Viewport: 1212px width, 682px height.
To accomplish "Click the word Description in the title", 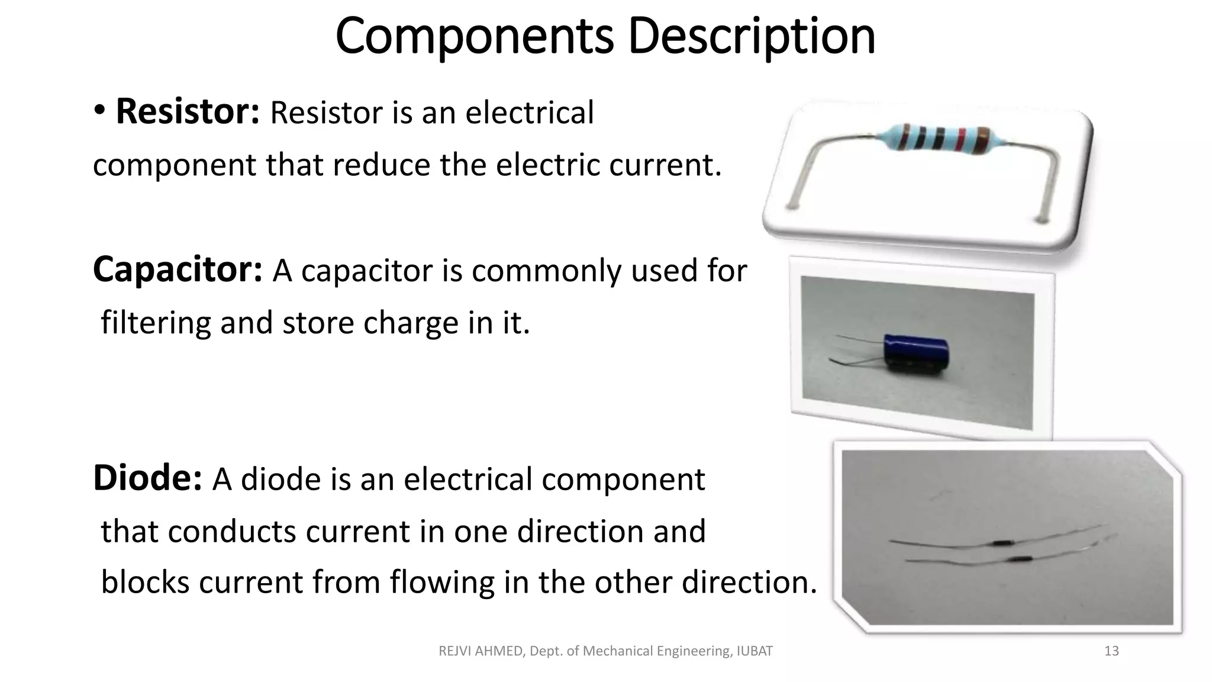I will point(751,37).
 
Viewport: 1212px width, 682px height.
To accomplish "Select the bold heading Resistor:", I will point(188,112).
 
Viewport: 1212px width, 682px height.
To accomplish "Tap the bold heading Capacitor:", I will point(178,270).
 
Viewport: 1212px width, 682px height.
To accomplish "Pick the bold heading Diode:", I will point(148,478).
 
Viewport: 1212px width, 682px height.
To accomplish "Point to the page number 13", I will point(1111,651).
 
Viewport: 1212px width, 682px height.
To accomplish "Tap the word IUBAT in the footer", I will point(755,651).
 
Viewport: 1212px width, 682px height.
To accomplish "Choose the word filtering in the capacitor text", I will point(156,323).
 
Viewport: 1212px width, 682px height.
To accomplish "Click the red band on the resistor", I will point(962,139).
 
